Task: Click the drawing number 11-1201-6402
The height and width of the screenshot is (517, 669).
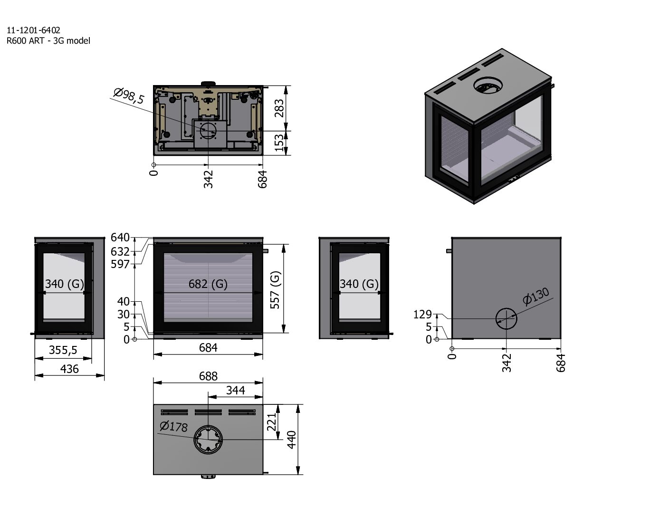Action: click(x=33, y=31)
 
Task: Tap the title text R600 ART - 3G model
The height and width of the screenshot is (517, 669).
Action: click(x=48, y=41)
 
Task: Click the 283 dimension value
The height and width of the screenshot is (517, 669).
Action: click(x=280, y=108)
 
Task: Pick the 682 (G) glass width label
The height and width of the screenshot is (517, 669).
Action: click(x=208, y=284)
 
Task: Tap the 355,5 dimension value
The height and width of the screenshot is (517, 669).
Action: click(x=63, y=350)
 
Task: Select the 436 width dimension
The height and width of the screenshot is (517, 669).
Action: click(x=69, y=369)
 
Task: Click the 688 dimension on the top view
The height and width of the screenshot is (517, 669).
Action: click(x=208, y=376)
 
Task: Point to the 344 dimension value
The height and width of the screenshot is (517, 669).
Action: click(x=236, y=390)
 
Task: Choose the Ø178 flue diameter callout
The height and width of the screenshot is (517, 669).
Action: click(x=174, y=426)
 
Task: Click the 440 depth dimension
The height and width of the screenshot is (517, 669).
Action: click(x=291, y=440)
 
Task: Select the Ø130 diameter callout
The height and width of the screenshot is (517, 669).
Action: click(x=536, y=296)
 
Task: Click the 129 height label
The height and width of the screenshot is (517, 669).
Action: click(x=422, y=315)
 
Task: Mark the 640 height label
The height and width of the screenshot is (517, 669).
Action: click(x=120, y=237)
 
